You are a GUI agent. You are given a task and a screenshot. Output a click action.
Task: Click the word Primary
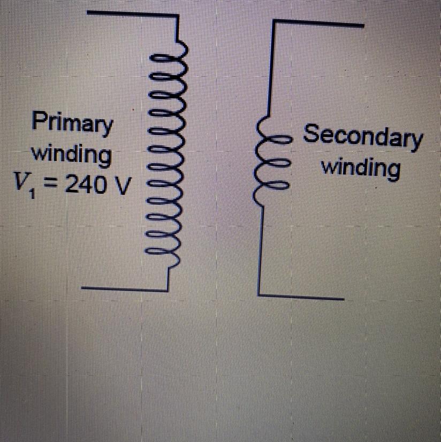(x=73, y=124)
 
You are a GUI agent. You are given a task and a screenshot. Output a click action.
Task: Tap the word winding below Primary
(x=72, y=155)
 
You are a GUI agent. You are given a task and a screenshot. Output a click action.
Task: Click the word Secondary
(x=363, y=137)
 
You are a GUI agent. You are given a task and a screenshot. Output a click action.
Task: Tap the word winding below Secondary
(x=360, y=168)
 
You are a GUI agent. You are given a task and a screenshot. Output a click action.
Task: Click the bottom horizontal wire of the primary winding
(x=123, y=288)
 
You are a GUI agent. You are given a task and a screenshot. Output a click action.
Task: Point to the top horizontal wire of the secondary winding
(x=319, y=22)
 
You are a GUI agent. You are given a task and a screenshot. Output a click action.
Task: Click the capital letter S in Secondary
(x=311, y=134)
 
